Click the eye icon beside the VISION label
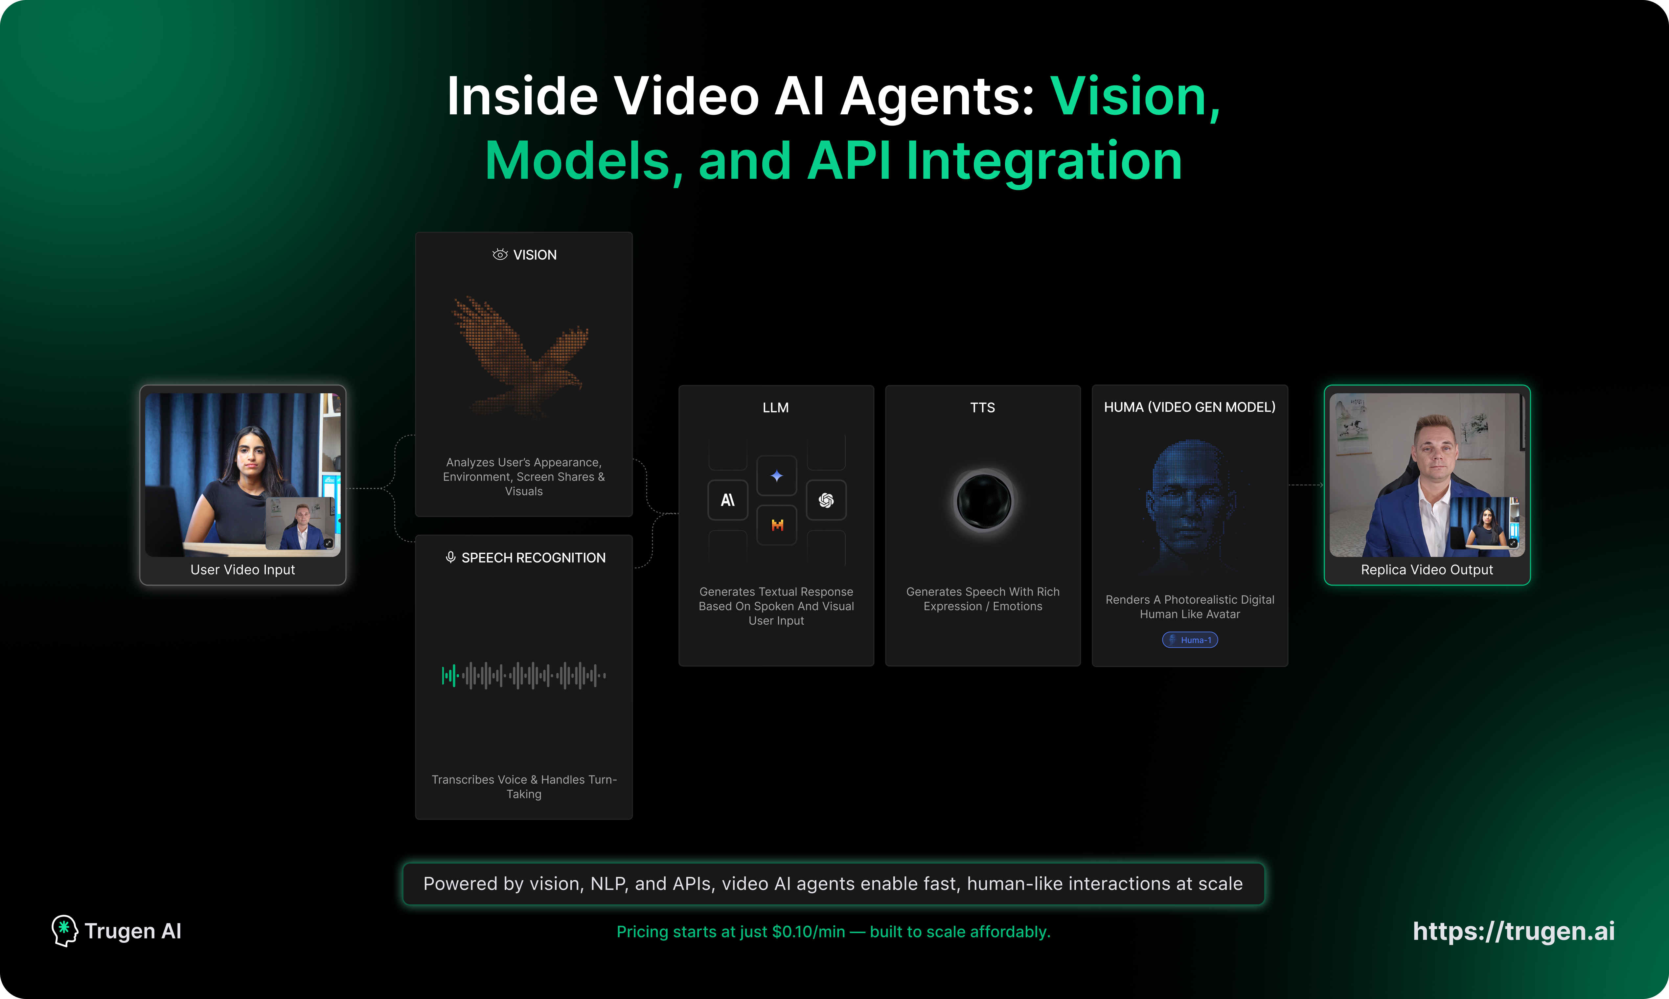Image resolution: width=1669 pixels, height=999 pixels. click(499, 254)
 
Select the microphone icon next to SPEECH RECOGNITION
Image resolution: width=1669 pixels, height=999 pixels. click(450, 557)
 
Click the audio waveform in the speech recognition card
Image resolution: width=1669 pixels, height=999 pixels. click(524, 675)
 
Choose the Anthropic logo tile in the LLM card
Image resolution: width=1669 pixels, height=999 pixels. click(727, 500)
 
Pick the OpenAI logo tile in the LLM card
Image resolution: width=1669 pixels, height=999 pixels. click(826, 500)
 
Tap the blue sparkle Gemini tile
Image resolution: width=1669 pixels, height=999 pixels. click(777, 476)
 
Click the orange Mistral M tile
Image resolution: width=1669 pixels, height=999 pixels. click(777, 525)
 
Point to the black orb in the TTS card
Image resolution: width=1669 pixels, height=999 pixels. click(983, 501)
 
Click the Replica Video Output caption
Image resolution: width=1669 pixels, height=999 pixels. click(1427, 569)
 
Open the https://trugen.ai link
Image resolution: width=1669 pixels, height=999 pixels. click(1514, 931)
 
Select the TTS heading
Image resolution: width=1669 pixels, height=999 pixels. click(983, 407)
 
